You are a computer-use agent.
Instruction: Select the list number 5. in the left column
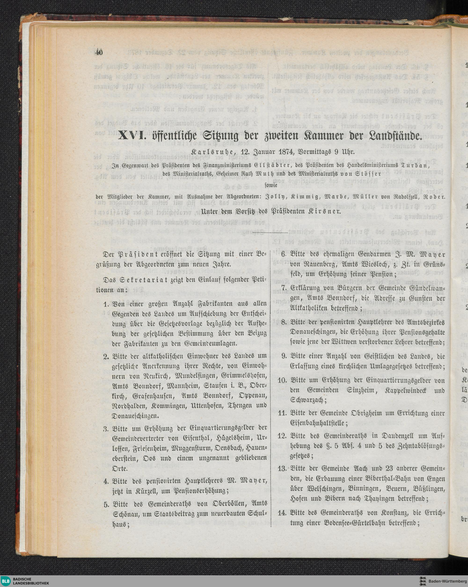point(106,495)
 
